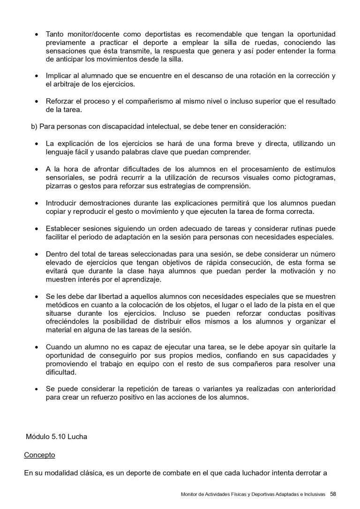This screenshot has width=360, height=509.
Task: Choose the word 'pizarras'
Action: coord(60,186)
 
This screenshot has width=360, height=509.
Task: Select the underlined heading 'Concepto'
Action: coord(39,455)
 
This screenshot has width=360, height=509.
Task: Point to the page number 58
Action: coord(333,494)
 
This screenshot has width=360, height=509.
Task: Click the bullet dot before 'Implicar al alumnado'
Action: coord(37,76)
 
